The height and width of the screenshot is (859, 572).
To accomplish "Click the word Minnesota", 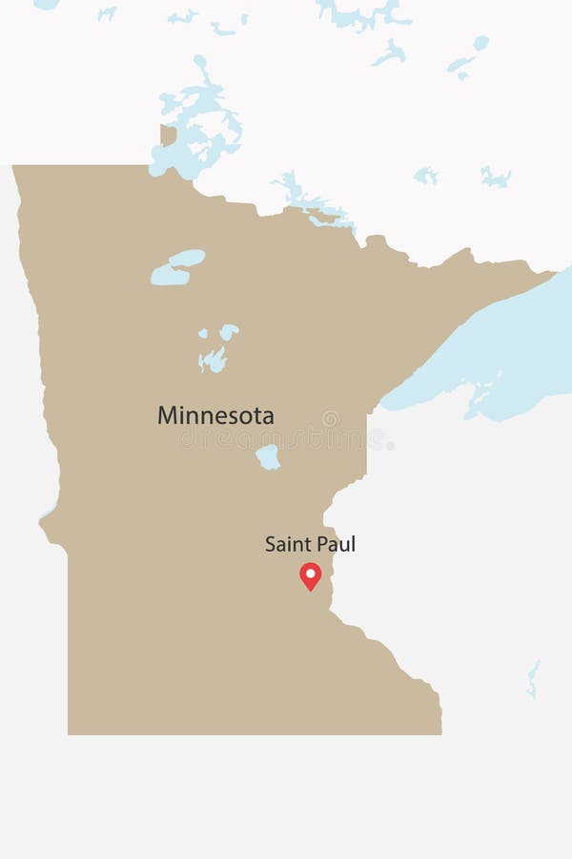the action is [215, 415].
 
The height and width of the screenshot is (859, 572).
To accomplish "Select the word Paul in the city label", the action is [337, 544].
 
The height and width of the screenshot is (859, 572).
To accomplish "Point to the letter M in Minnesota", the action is [168, 415].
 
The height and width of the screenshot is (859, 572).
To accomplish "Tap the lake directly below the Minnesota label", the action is [269, 457].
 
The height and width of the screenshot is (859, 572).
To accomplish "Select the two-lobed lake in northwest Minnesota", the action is [177, 267].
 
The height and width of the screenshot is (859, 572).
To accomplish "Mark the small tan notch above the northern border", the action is [168, 136].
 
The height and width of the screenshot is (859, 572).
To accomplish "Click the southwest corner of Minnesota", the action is [70, 732].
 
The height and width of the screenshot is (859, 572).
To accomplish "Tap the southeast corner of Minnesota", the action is [439, 731].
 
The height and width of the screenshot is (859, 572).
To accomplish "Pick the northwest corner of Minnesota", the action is [15, 168].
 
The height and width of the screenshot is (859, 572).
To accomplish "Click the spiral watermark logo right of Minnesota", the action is [331, 418].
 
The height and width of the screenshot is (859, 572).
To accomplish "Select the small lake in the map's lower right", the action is [533, 679].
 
